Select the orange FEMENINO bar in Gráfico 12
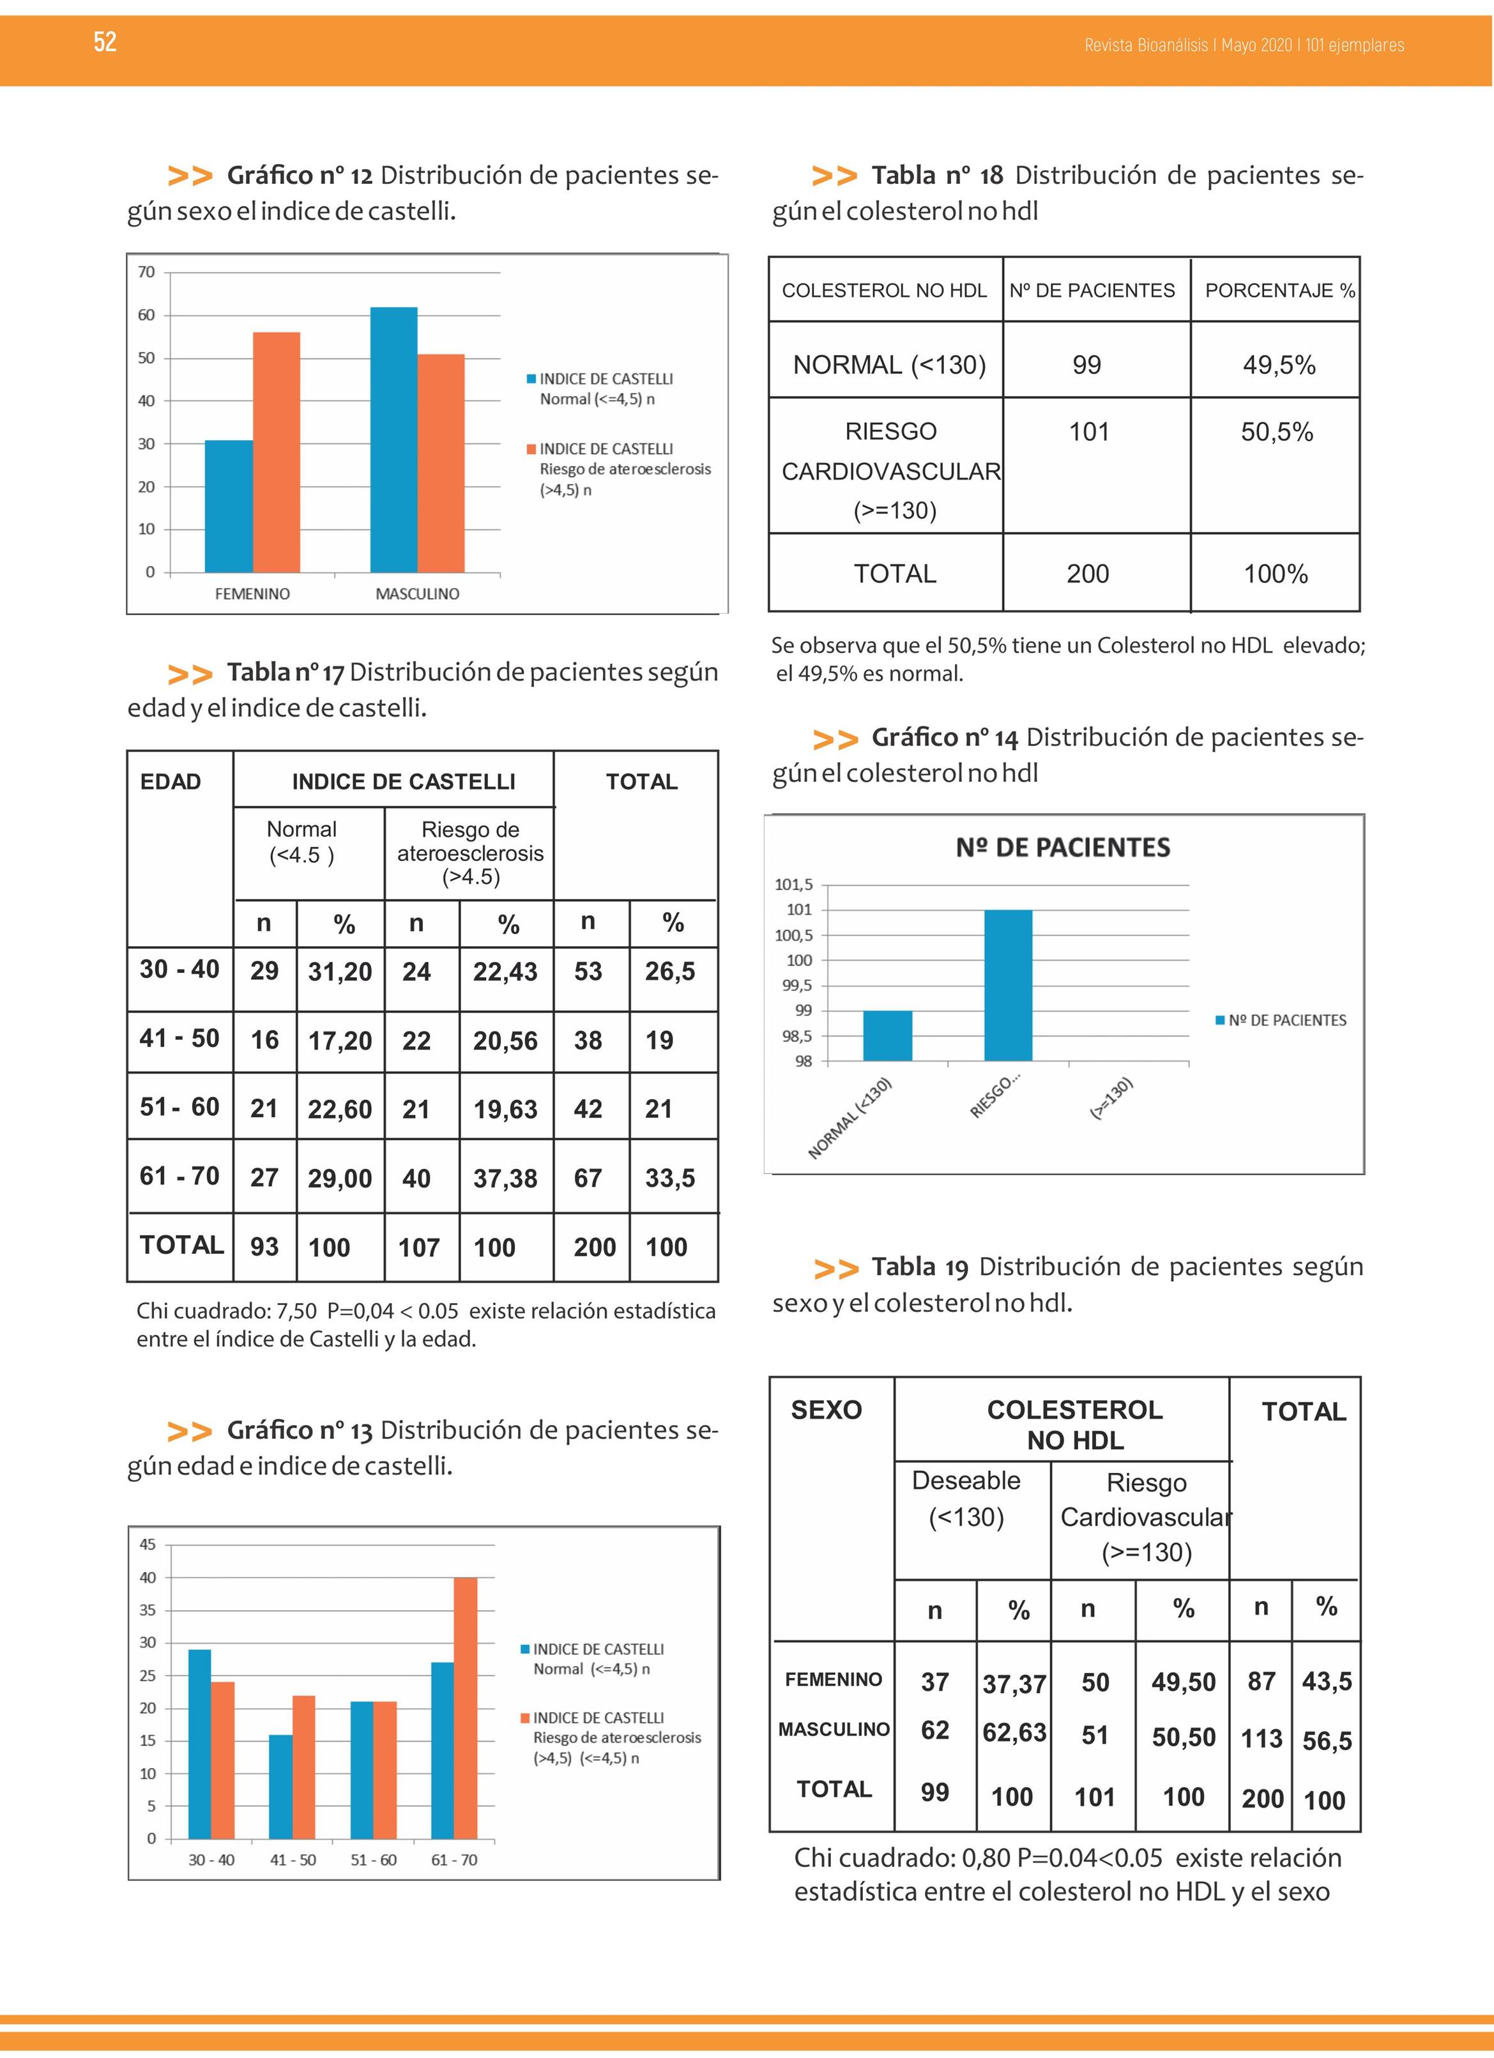click(x=276, y=452)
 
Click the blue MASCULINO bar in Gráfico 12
click(x=394, y=439)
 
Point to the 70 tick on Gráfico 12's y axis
click(x=146, y=272)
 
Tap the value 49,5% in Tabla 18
click(x=1279, y=365)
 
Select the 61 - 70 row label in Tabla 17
click(x=179, y=1176)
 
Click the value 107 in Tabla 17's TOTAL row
click(x=418, y=1247)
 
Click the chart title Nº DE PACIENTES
click(x=1063, y=848)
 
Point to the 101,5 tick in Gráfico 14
click(x=793, y=884)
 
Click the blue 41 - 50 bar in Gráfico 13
click(x=280, y=1787)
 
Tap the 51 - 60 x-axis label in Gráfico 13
click(x=374, y=1859)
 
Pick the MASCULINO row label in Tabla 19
click(x=833, y=1730)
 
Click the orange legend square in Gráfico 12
click(x=531, y=449)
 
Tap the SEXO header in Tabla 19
click(x=826, y=1410)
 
